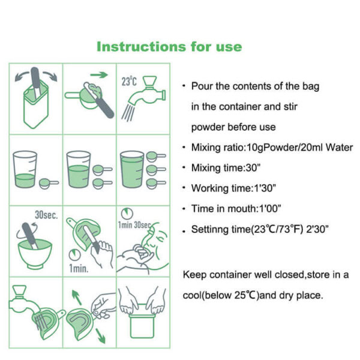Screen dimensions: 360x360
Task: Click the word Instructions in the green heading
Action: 133,47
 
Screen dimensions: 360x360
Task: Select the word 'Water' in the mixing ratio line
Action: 340,148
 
